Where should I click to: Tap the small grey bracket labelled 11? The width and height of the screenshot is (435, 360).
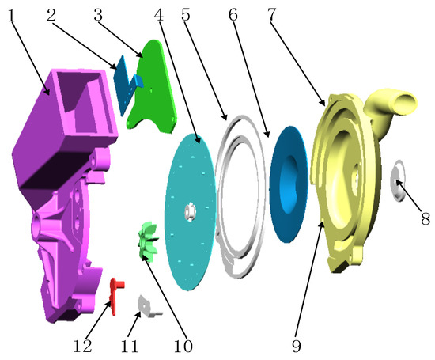point(147,305)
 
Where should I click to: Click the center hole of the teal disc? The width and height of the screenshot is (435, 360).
point(191,211)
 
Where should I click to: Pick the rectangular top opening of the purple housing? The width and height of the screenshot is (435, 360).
point(79,87)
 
